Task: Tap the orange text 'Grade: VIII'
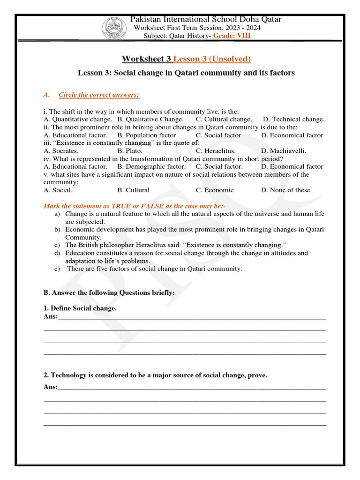[x=232, y=36]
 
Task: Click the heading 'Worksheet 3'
[x=147, y=59]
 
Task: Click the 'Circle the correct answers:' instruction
[x=99, y=95]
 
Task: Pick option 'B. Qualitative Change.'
[x=150, y=119]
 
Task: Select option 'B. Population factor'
[x=147, y=135]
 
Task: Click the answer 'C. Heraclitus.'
[x=216, y=150]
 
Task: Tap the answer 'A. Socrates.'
[x=61, y=150]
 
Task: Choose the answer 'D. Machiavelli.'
[x=283, y=150]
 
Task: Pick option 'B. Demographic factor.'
[x=151, y=166]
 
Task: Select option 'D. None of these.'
[x=286, y=190]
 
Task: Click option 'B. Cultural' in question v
[x=134, y=190]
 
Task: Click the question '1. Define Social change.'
[x=80, y=308]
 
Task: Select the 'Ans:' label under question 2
[x=51, y=387]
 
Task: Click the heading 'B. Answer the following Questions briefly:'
[x=109, y=292]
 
